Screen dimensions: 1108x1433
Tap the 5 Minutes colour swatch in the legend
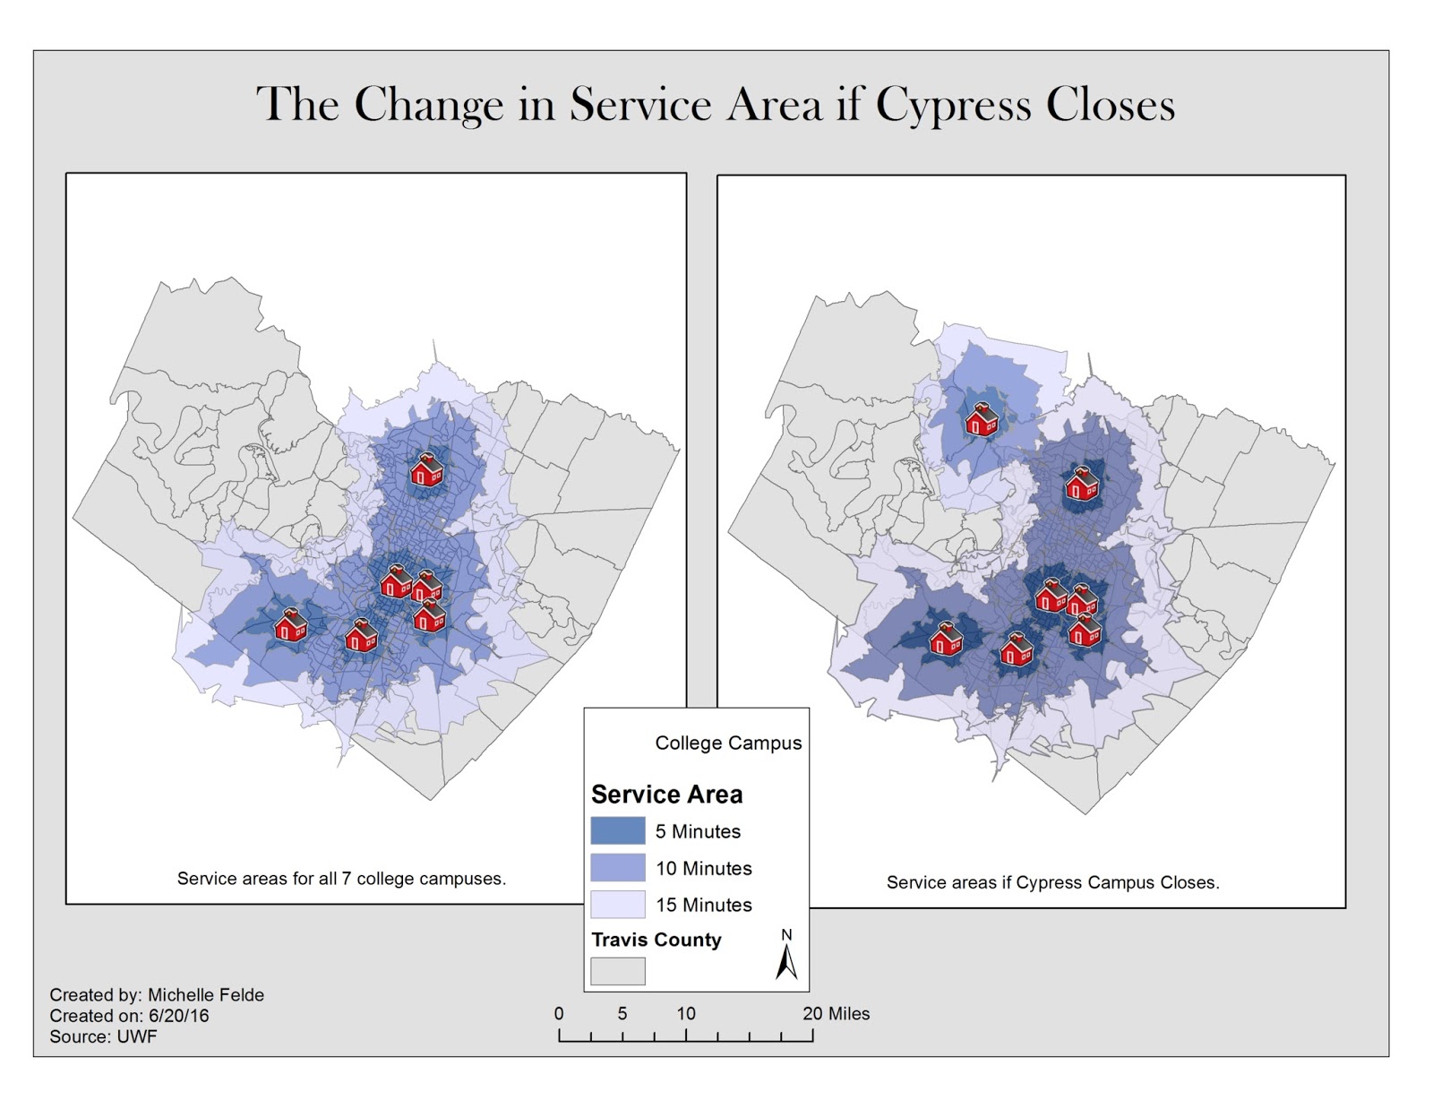617,830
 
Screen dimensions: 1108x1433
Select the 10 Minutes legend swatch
617,867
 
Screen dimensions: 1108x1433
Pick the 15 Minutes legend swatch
617,904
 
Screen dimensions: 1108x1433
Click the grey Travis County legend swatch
617,971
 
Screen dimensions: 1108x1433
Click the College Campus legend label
728,743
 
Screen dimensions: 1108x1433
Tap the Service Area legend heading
666,794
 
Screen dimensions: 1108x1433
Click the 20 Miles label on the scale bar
836,1013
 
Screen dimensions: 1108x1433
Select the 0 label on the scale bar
559,1013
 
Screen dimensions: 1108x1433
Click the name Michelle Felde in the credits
206,994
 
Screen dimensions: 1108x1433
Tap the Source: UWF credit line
103,1036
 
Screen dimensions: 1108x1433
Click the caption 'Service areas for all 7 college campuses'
341,879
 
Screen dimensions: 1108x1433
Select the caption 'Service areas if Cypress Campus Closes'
1052,882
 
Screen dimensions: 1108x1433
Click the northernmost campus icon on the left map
426,469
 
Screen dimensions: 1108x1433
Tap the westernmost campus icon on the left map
290,624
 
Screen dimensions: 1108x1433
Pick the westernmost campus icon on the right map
946,639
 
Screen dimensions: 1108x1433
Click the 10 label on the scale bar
686,1013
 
